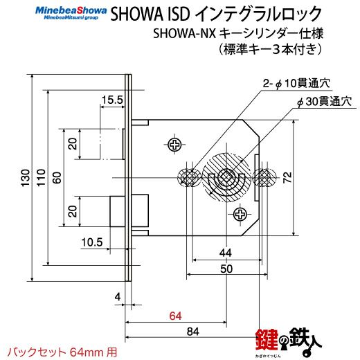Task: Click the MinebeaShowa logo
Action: pos(71,13)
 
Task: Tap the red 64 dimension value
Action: pos(175,316)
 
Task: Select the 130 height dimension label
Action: pos(26,178)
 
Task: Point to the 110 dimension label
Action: pos(41,178)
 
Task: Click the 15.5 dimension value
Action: pos(113,100)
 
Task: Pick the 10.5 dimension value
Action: pos(92,242)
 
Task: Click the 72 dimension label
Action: pos(287,177)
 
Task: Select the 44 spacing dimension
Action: pos(226,253)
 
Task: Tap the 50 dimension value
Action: pos(226,269)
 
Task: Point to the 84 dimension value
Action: pos(193,332)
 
